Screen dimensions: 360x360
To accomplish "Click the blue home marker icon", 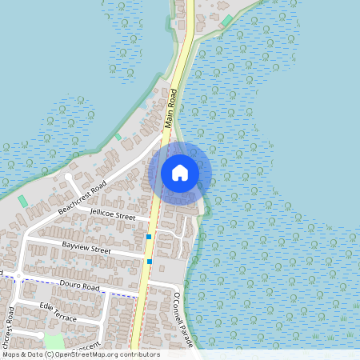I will pyautogui.click(x=180, y=173).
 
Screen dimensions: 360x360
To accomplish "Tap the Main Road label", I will pyautogui.click(x=170, y=110).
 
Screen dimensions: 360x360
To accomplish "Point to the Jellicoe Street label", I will pyautogui.click(x=113, y=214).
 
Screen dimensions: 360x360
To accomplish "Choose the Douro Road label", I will pyautogui.click(x=78, y=286).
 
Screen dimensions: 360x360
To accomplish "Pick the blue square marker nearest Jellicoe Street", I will pyautogui.click(x=149, y=236).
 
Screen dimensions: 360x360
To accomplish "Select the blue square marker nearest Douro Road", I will pyautogui.click(x=149, y=261).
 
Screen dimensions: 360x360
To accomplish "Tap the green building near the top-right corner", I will pyautogui.click(x=228, y=20).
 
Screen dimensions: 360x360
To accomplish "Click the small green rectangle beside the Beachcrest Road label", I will pyautogui.click(x=22, y=200).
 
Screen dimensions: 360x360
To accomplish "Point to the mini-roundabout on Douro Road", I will pyautogui.click(x=18, y=276).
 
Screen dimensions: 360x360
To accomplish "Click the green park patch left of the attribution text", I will pyautogui.click(x=54, y=342).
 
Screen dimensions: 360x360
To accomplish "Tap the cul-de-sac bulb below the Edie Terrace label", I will pyautogui.click(x=40, y=334).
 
